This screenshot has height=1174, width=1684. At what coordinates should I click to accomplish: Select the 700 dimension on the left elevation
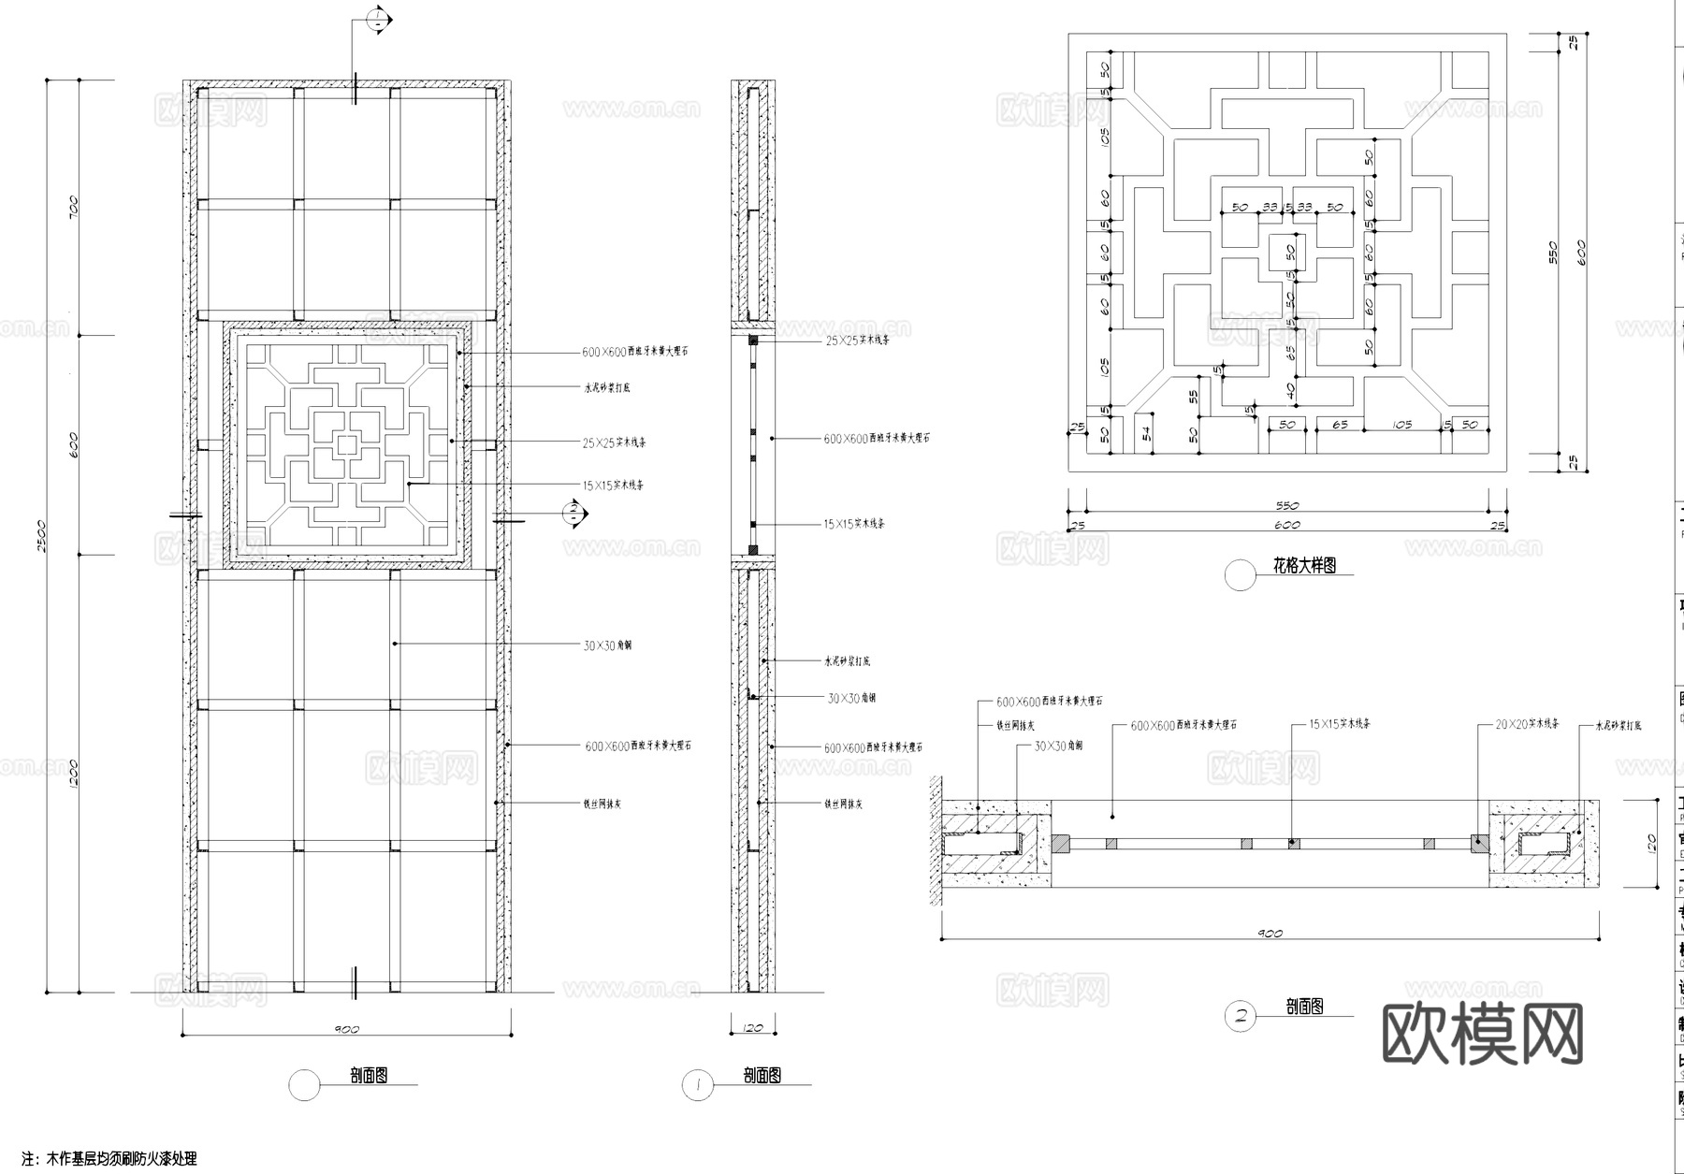coord(74,206)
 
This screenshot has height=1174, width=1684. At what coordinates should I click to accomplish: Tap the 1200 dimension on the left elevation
coord(74,773)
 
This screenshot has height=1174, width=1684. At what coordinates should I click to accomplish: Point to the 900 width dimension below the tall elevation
coord(346,1029)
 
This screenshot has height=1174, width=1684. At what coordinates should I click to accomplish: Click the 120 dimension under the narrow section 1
coord(753,1028)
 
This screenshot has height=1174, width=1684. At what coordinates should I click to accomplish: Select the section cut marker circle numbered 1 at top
coord(376,20)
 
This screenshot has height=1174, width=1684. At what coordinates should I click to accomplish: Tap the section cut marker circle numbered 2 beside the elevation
coord(572,512)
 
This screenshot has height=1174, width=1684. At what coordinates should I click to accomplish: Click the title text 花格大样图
coord(1304,566)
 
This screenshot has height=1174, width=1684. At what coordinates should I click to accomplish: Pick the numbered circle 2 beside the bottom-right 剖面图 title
coord(1241,1016)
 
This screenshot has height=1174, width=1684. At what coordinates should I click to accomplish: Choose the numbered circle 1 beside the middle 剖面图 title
coord(698,1085)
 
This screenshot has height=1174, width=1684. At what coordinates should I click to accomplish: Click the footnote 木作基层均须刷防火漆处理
coord(122,1159)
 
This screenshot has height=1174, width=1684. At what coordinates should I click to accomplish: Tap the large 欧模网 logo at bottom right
coord(1482,1035)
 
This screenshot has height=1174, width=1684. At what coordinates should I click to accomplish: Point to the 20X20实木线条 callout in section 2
coord(1527,724)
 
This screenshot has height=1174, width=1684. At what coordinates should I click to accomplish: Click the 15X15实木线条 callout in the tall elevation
coord(613,486)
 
